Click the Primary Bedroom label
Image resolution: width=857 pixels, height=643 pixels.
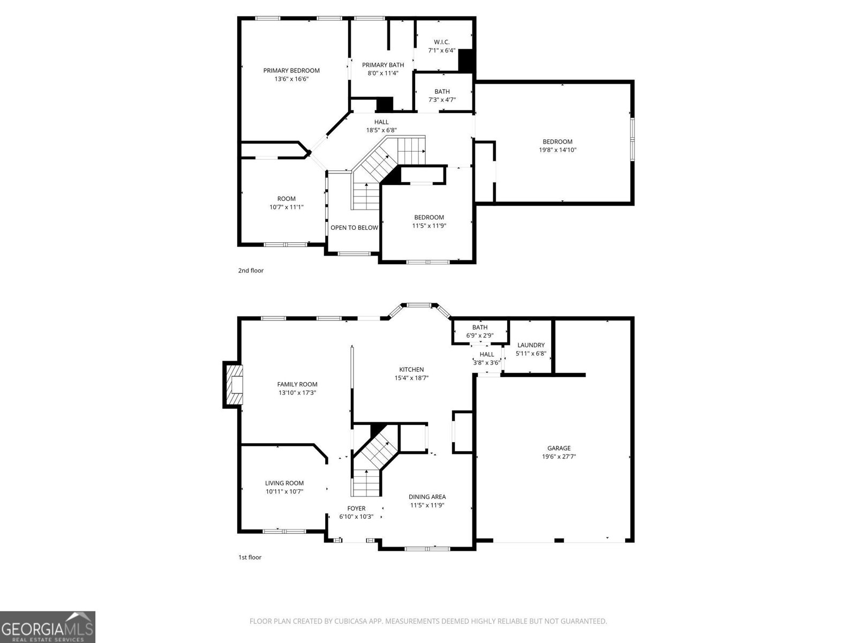pyautogui.click(x=291, y=70)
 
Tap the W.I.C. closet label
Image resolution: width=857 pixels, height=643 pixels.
pyautogui.click(x=441, y=42)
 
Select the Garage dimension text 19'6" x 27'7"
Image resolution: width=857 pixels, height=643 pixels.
pyautogui.click(x=559, y=457)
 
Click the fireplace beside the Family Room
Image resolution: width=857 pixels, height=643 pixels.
pyautogui.click(x=234, y=385)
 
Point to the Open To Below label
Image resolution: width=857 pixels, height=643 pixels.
pyautogui.click(x=354, y=228)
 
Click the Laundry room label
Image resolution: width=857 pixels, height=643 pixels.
pyautogui.click(x=531, y=345)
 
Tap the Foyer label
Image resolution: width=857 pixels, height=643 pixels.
pyautogui.click(x=356, y=509)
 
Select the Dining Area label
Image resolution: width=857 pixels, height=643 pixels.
pyautogui.click(x=427, y=497)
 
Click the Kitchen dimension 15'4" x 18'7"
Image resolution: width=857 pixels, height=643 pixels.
pyautogui.click(x=411, y=378)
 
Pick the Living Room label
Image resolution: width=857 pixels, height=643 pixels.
pyautogui.click(x=284, y=483)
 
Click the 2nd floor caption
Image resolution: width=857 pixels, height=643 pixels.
pyautogui.click(x=251, y=271)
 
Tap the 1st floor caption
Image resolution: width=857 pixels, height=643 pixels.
pyautogui.click(x=250, y=557)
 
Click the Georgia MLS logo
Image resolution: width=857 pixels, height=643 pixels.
pyautogui.click(x=48, y=626)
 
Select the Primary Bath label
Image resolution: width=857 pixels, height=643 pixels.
pyautogui.click(x=383, y=65)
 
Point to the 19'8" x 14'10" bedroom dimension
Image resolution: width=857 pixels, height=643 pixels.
pyautogui.click(x=558, y=150)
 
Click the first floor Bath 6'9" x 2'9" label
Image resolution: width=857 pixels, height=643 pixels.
pyautogui.click(x=480, y=327)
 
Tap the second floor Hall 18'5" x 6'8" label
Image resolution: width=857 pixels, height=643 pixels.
pyautogui.click(x=381, y=122)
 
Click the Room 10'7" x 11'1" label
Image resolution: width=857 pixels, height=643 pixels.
pyautogui.click(x=287, y=199)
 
